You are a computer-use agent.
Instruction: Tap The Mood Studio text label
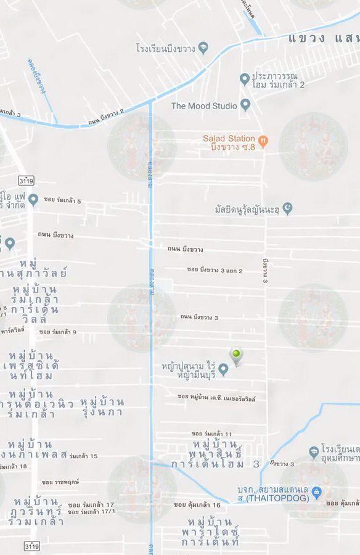tap(204, 106)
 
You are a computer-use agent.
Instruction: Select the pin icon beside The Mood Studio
tap(245, 105)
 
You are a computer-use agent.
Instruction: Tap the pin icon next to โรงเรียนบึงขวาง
tap(203, 47)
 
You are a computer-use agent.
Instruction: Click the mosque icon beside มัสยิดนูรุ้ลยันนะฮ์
tap(287, 209)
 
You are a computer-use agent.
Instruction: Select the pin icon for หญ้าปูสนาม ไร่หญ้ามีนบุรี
tap(224, 369)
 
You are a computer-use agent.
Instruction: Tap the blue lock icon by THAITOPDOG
tap(316, 491)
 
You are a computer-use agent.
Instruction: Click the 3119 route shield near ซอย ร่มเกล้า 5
tap(26, 181)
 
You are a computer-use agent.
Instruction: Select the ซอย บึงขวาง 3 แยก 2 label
tap(215, 270)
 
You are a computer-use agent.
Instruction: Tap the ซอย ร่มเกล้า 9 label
tap(58, 332)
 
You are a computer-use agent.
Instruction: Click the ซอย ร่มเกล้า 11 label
tap(211, 434)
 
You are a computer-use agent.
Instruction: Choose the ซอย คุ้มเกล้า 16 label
tap(197, 504)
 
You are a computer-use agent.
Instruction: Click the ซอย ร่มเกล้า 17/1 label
tap(91, 512)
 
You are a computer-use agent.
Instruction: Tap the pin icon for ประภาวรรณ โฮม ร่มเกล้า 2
tap(244, 79)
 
